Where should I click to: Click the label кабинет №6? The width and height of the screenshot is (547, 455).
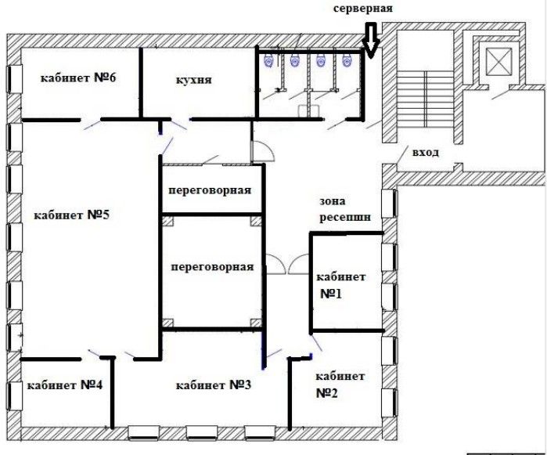pos(78,78)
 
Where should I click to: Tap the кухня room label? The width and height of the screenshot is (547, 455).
pos(193,80)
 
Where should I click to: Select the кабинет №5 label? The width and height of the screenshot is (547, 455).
pos(71,215)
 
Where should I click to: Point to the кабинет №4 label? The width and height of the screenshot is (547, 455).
pos(65,385)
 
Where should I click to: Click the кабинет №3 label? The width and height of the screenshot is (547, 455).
pos(213,385)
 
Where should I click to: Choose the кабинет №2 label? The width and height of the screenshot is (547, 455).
pos(340,385)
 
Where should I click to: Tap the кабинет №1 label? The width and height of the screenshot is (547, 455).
pos(341,285)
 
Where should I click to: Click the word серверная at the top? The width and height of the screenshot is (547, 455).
pos(363,9)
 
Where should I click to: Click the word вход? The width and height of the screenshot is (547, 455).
pos(426,153)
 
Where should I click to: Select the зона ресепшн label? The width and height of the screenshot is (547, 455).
pos(345,209)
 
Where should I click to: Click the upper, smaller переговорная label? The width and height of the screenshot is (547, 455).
pos(210,190)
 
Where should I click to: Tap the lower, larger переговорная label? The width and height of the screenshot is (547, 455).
pos(212,267)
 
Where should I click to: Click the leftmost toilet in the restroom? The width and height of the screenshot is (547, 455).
pos(269,60)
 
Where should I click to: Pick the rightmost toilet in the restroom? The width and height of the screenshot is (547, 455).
pos(347,60)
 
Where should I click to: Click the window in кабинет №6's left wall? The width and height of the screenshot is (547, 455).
pos(15,78)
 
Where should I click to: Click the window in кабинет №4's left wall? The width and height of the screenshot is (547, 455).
pos(15,395)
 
